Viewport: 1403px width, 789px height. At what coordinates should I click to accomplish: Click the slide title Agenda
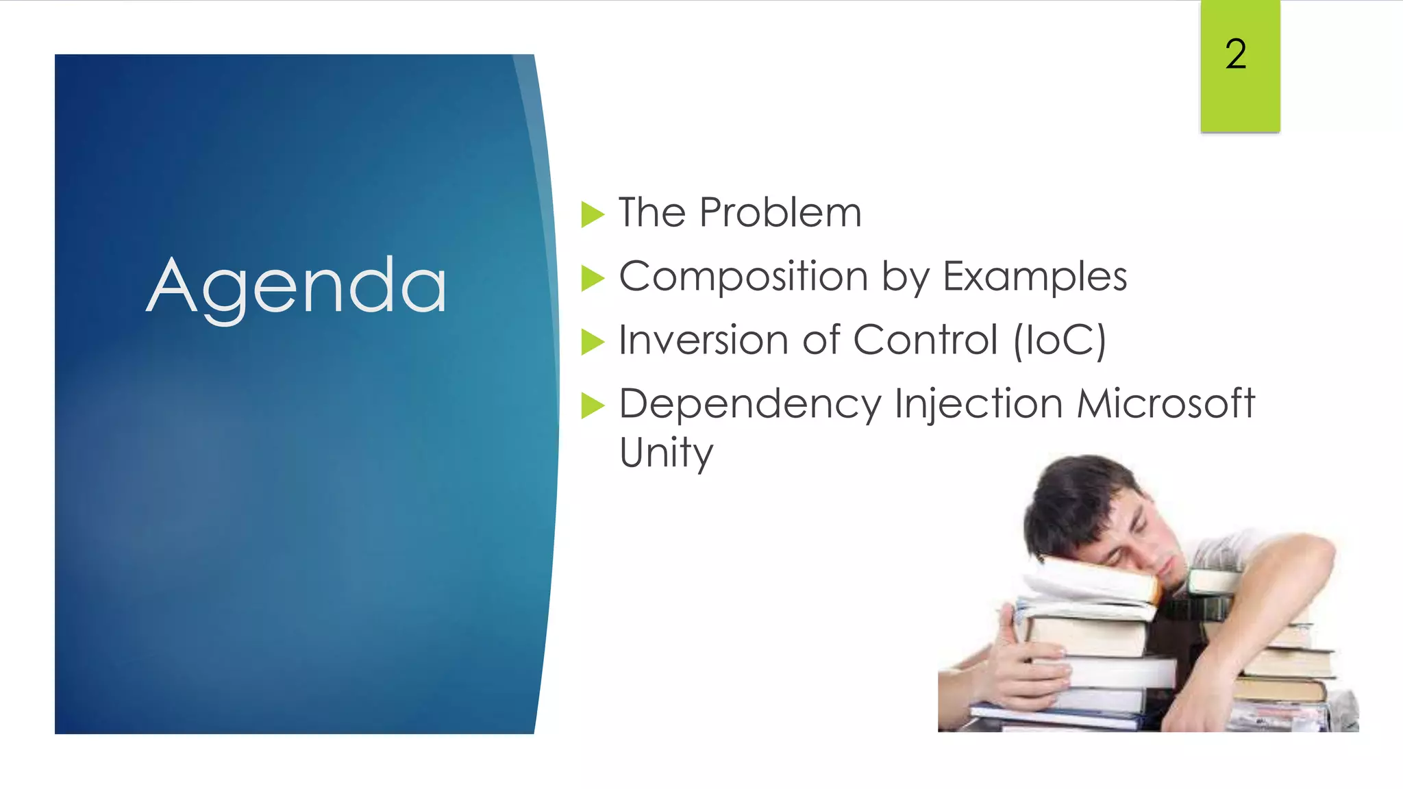point(297,286)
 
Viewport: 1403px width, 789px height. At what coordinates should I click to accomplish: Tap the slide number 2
point(1236,54)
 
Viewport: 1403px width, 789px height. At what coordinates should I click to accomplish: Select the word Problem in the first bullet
point(780,212)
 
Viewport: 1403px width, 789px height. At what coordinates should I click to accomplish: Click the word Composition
point(743,277)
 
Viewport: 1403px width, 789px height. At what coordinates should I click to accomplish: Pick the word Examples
point(1034,277)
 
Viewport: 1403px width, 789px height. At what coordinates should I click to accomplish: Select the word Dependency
point(749,404)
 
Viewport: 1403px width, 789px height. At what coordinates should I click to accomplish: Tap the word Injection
point(979,404)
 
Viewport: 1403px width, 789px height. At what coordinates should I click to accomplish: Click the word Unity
point(666,453)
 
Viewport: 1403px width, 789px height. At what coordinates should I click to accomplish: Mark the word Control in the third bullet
point(926,340)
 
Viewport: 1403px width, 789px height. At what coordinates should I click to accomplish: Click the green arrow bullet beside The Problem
point(593,214)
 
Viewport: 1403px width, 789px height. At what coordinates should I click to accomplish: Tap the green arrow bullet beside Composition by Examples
point(593,279)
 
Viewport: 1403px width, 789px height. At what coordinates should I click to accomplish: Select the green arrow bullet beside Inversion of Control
point(593,342)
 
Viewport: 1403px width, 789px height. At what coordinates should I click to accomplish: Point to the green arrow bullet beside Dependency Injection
point(593,405)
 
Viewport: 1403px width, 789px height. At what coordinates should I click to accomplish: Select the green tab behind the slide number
point(1240,103)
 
